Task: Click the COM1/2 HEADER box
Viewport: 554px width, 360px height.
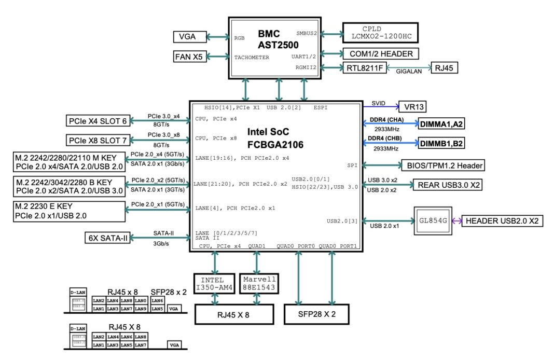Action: (380, 53)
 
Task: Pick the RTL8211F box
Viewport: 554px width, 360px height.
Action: (364, 68)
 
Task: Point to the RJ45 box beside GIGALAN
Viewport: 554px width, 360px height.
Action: (444, 68)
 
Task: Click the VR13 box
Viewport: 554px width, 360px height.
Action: (413, 107)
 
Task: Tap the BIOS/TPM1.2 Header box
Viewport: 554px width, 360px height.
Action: (442, 166)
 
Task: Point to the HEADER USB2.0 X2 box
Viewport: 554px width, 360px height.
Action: (501, 221)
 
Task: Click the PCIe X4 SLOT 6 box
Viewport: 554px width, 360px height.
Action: (97, 121)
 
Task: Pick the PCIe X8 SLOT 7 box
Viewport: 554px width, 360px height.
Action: (97, 140)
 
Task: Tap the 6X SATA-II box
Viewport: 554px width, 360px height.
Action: (107, 238)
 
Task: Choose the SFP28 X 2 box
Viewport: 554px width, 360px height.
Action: (316, 314)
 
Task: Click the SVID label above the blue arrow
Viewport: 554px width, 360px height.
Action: (379, 103)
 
